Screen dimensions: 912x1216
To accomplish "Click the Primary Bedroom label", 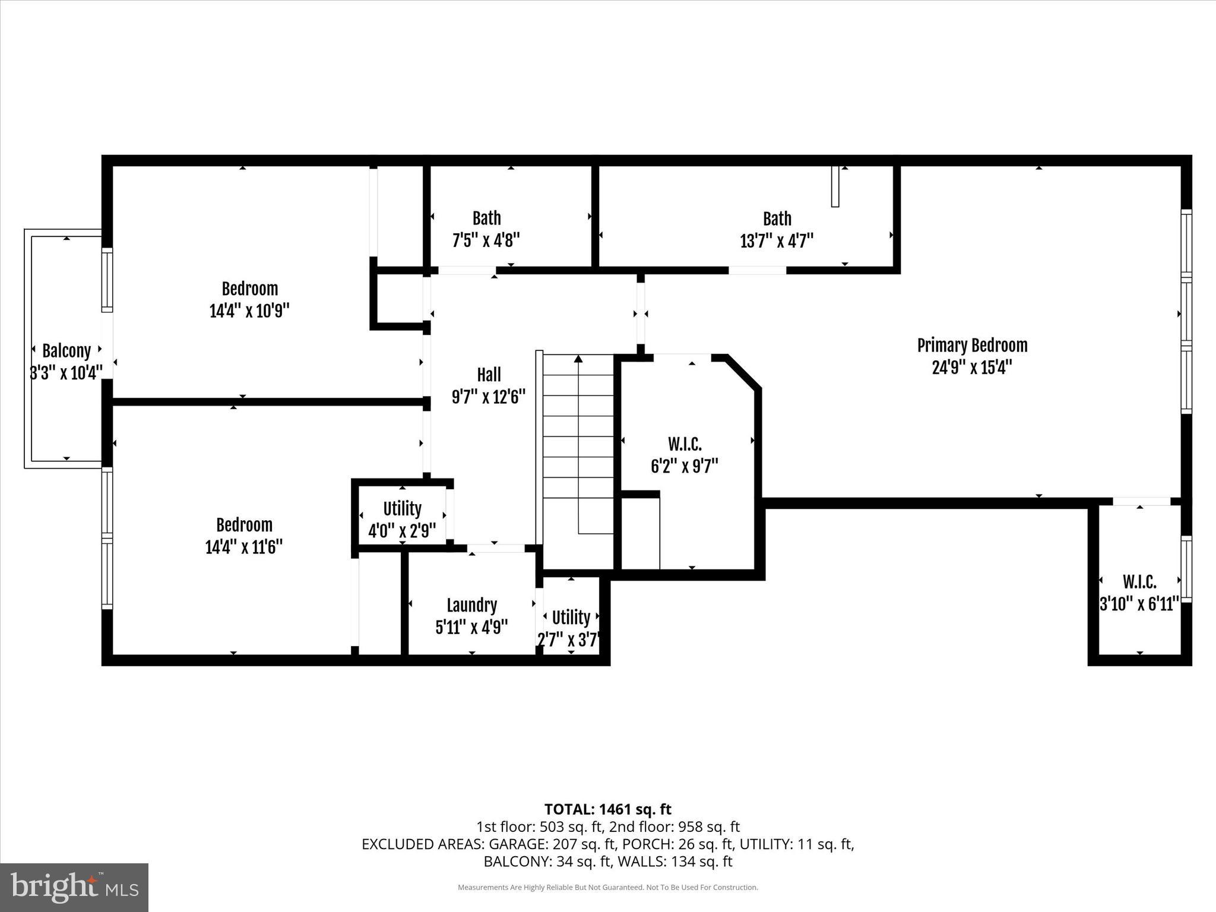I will pyautogui.click(x=972, y=346).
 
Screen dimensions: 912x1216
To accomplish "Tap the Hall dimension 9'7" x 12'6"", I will pyautogui.click(x=489, y=397).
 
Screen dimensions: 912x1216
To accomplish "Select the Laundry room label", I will pyautogui.click(x=471, y=605).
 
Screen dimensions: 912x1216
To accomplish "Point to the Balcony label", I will pyautogui.click(x=66, y=351).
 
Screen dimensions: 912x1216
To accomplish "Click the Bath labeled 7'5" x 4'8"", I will pyautogui.click(x=486, y=218).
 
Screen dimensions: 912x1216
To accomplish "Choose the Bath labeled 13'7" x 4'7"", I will pyautogui.click(x=777, y=219).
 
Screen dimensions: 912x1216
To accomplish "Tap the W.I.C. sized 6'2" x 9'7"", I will pyautogui.click(x=685, y=444).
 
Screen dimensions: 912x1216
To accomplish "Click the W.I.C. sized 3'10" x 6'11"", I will pyautogui.click(x=1139, y=582).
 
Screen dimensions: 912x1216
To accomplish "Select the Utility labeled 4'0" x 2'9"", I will pyautogui.click(x=402, y=509).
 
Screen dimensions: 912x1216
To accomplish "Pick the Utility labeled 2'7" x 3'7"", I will pyautogui.click(x=571, y=618).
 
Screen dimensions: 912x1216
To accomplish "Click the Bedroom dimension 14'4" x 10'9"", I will pyautogui.click(x=249, y=311).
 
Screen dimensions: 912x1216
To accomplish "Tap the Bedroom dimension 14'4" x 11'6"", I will pyautogui.click(x=243, y=547).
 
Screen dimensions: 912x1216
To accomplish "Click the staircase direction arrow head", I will pyautogui.click(x=578, y=359).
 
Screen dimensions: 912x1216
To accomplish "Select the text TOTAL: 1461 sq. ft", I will pyautogui.click(x=607, y=809).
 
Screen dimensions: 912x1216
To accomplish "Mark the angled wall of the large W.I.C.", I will pyautogui.click(x=743, y=372).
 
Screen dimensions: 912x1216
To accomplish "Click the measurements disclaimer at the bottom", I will pyautogui.click(x=607, y=888).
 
